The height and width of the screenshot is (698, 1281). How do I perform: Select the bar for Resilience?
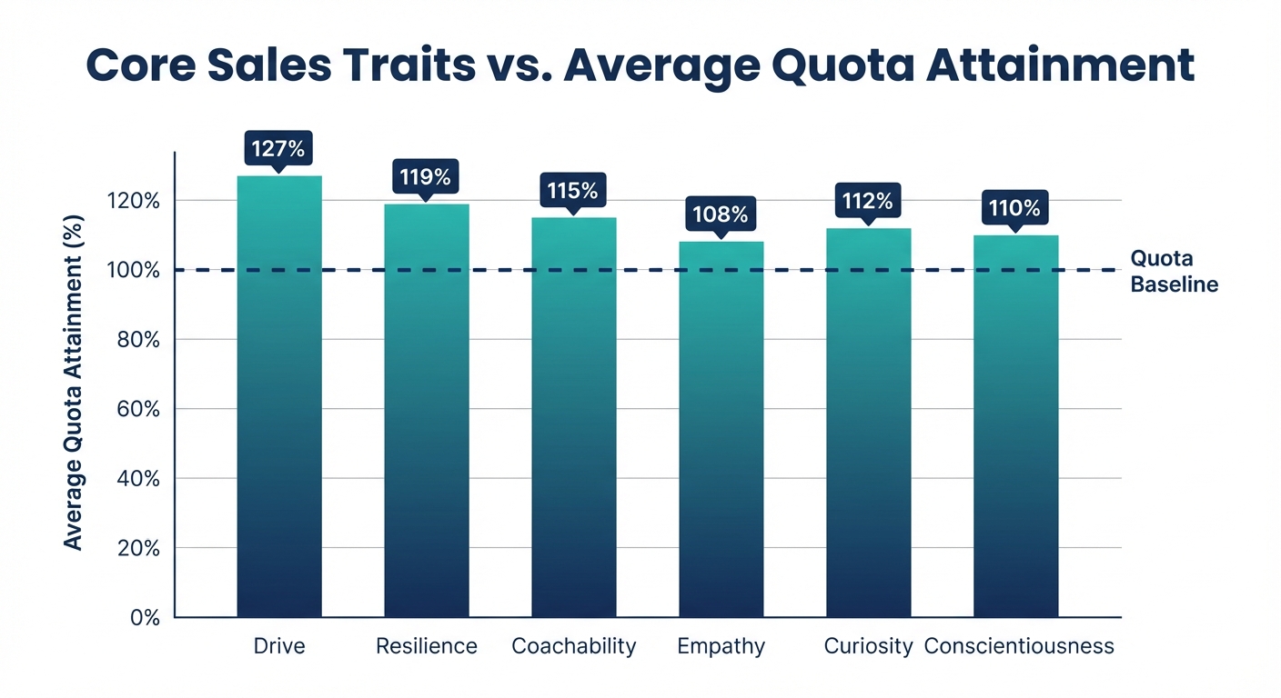[426, 409]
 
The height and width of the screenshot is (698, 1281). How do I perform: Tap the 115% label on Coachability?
[573, 191]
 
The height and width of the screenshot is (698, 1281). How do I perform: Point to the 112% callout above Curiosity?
[868, 201]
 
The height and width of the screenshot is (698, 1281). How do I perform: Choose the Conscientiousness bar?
[1015, 427]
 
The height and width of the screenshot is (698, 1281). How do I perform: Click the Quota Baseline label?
[1173, 271]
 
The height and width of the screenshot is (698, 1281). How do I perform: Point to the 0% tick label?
[144, 617]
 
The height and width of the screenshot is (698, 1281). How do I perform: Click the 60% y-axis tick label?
[138, 409]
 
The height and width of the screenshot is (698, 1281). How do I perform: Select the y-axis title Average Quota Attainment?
[74, 382]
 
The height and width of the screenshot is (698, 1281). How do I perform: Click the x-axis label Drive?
[279, 646]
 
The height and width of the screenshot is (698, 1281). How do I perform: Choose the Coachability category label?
[573, 646]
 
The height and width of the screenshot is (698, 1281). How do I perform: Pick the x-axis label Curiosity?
[868, 646]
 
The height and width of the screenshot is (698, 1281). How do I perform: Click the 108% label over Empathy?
[721, 215]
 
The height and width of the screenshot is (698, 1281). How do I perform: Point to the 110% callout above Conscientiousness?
[1015, 208]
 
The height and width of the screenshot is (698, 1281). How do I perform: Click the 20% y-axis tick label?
[138, 548]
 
